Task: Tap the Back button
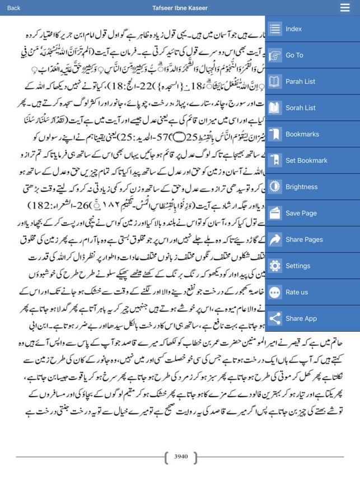click(13, 8)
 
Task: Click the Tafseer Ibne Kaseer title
click(180, 8)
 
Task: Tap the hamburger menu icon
click(345, 8)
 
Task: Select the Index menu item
click(293, 29)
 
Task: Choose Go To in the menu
click(294, 55)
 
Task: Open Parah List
click(300, 81)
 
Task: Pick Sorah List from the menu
click(300, 107)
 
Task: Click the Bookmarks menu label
click(302, 134)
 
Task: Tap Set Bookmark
click(306, 161)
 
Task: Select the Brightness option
click(302, 187)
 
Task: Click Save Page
click(301, 213)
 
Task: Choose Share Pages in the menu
click(304, 239)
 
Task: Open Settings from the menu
click(298, 266)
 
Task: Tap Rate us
click(296, 292)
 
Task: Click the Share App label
click(301, 318)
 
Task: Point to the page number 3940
click(181, 456)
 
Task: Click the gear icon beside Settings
click(275, 266)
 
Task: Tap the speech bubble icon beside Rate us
click(275, 292)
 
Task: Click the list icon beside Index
click(275, 29)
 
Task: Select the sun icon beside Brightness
click(275, 187)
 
